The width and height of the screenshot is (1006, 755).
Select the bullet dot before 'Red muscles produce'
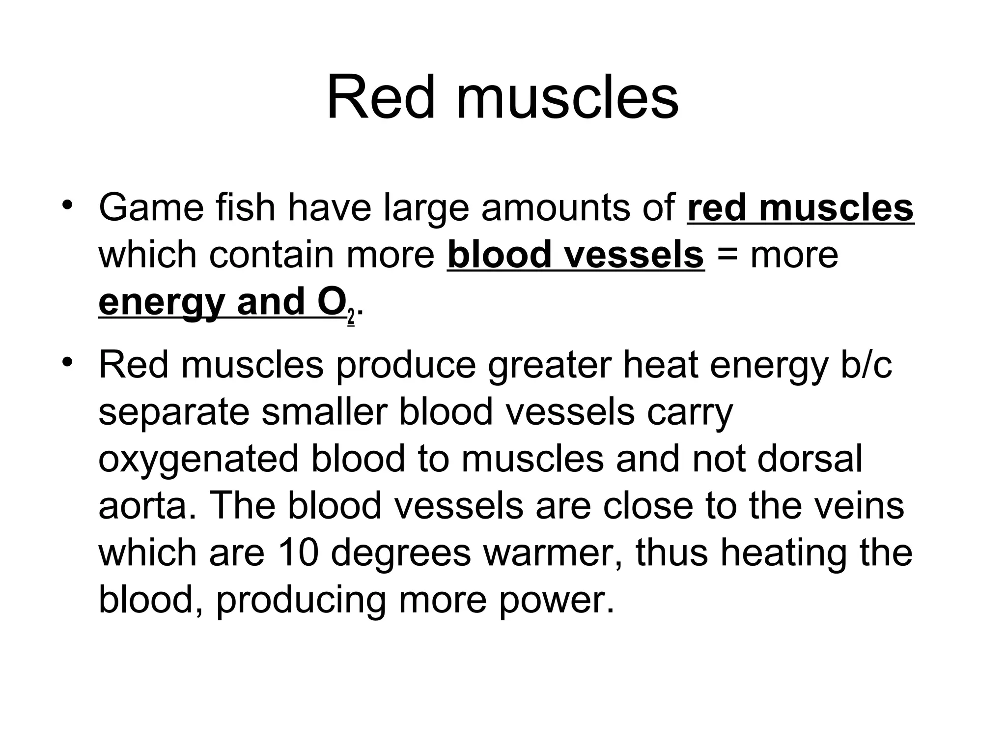coord(68,361)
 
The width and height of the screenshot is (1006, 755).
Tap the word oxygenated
coord(199,460)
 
